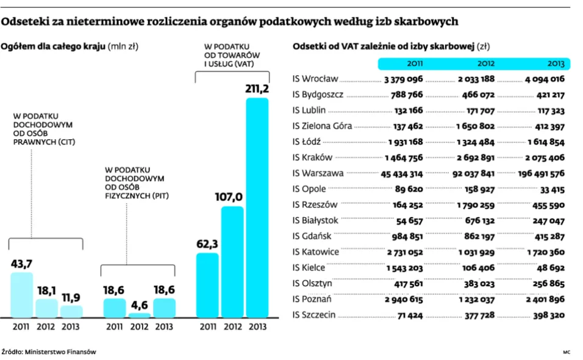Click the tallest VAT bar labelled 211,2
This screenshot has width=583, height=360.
257,207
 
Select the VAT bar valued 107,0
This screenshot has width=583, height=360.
232,262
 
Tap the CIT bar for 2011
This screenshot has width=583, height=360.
21,295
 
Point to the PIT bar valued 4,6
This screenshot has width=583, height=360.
140,315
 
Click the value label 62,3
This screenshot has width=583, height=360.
207,244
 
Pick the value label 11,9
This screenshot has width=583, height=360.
71,298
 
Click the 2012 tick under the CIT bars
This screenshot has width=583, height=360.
45,326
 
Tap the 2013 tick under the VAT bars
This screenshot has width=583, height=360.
257,326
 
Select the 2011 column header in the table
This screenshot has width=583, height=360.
415,63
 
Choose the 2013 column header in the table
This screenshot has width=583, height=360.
556,63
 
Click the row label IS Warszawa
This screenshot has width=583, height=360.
318,173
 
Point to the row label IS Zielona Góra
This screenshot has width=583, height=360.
322,126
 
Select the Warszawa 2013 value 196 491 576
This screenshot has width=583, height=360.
541,174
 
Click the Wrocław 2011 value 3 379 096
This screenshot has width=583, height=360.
404,79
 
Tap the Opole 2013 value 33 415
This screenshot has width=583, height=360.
552,190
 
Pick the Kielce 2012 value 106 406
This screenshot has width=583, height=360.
478,268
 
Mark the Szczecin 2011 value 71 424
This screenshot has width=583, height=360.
410,315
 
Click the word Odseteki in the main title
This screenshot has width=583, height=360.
23,21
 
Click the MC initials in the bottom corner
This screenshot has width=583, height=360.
567,352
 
